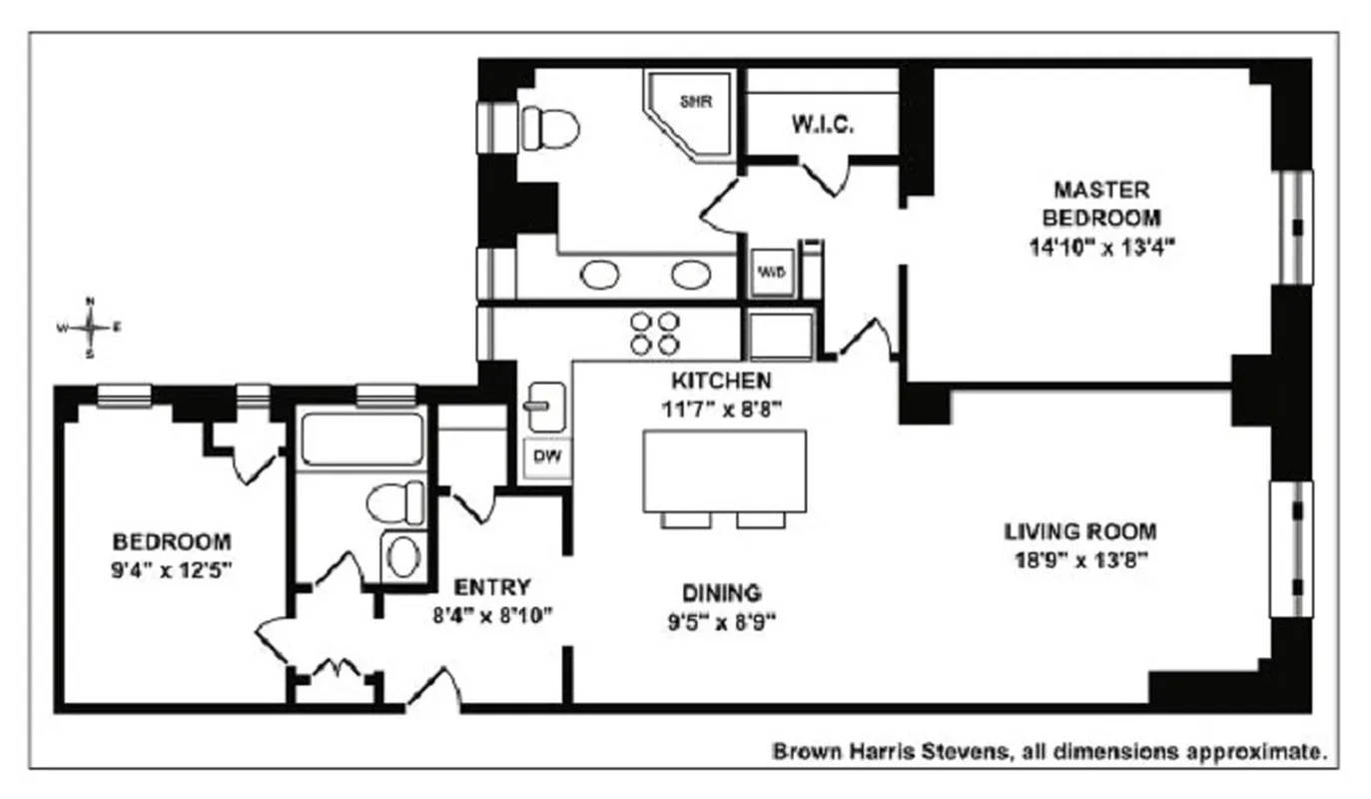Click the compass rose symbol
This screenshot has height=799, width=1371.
[x=90, y=327]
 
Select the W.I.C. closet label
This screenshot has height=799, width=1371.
[x=822, y=126]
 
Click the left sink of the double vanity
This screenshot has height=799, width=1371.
[x=600, y=275]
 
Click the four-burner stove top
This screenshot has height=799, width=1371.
[x=654, y=333]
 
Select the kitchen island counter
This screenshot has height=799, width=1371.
[x=724, y=470]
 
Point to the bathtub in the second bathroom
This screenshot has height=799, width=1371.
[x=361, y=439]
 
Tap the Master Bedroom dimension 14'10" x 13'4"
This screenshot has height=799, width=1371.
[x=1101, y=246]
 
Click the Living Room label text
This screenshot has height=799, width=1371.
[x=1079, y=531]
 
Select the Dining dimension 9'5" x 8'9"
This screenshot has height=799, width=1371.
[x=722, y=621]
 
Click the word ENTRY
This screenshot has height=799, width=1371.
[x=492, y=587]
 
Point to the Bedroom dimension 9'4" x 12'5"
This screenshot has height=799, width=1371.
[x=172, y=571]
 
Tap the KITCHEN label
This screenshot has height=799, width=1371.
[x=720, y=381]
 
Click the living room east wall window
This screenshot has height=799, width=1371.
[x=1289, y=549]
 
